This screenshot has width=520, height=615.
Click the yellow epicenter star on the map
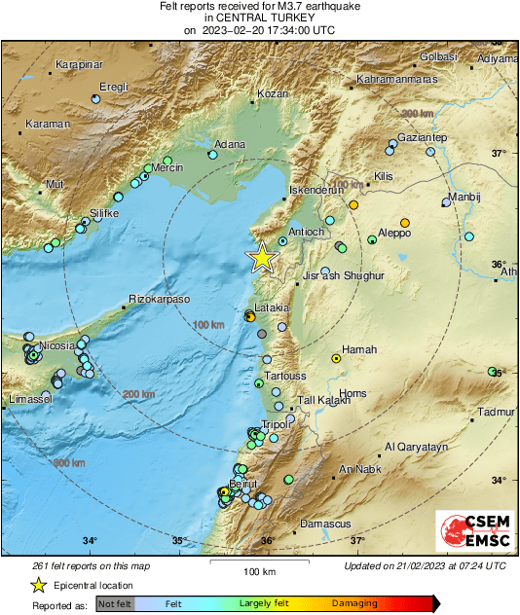[x=261, y=257]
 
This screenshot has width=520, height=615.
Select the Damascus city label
[x=324, y=524]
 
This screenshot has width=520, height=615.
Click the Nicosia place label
[x=57, y=345]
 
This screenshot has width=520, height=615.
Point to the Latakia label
[x=271, y=308]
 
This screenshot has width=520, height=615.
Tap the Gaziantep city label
[x=422, y=137]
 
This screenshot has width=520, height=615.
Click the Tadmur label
[x=498, y=412]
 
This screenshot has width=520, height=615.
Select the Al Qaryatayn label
[x=416, y=447]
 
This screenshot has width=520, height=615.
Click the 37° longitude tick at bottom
[x=357, y=541]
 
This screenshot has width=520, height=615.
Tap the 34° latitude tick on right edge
[x=498, y=480]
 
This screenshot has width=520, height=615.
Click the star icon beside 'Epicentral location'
[x=38, y=585]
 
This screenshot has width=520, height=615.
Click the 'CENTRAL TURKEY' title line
[x=260, y=18]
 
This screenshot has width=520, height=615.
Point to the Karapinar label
[x=80, y=64]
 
